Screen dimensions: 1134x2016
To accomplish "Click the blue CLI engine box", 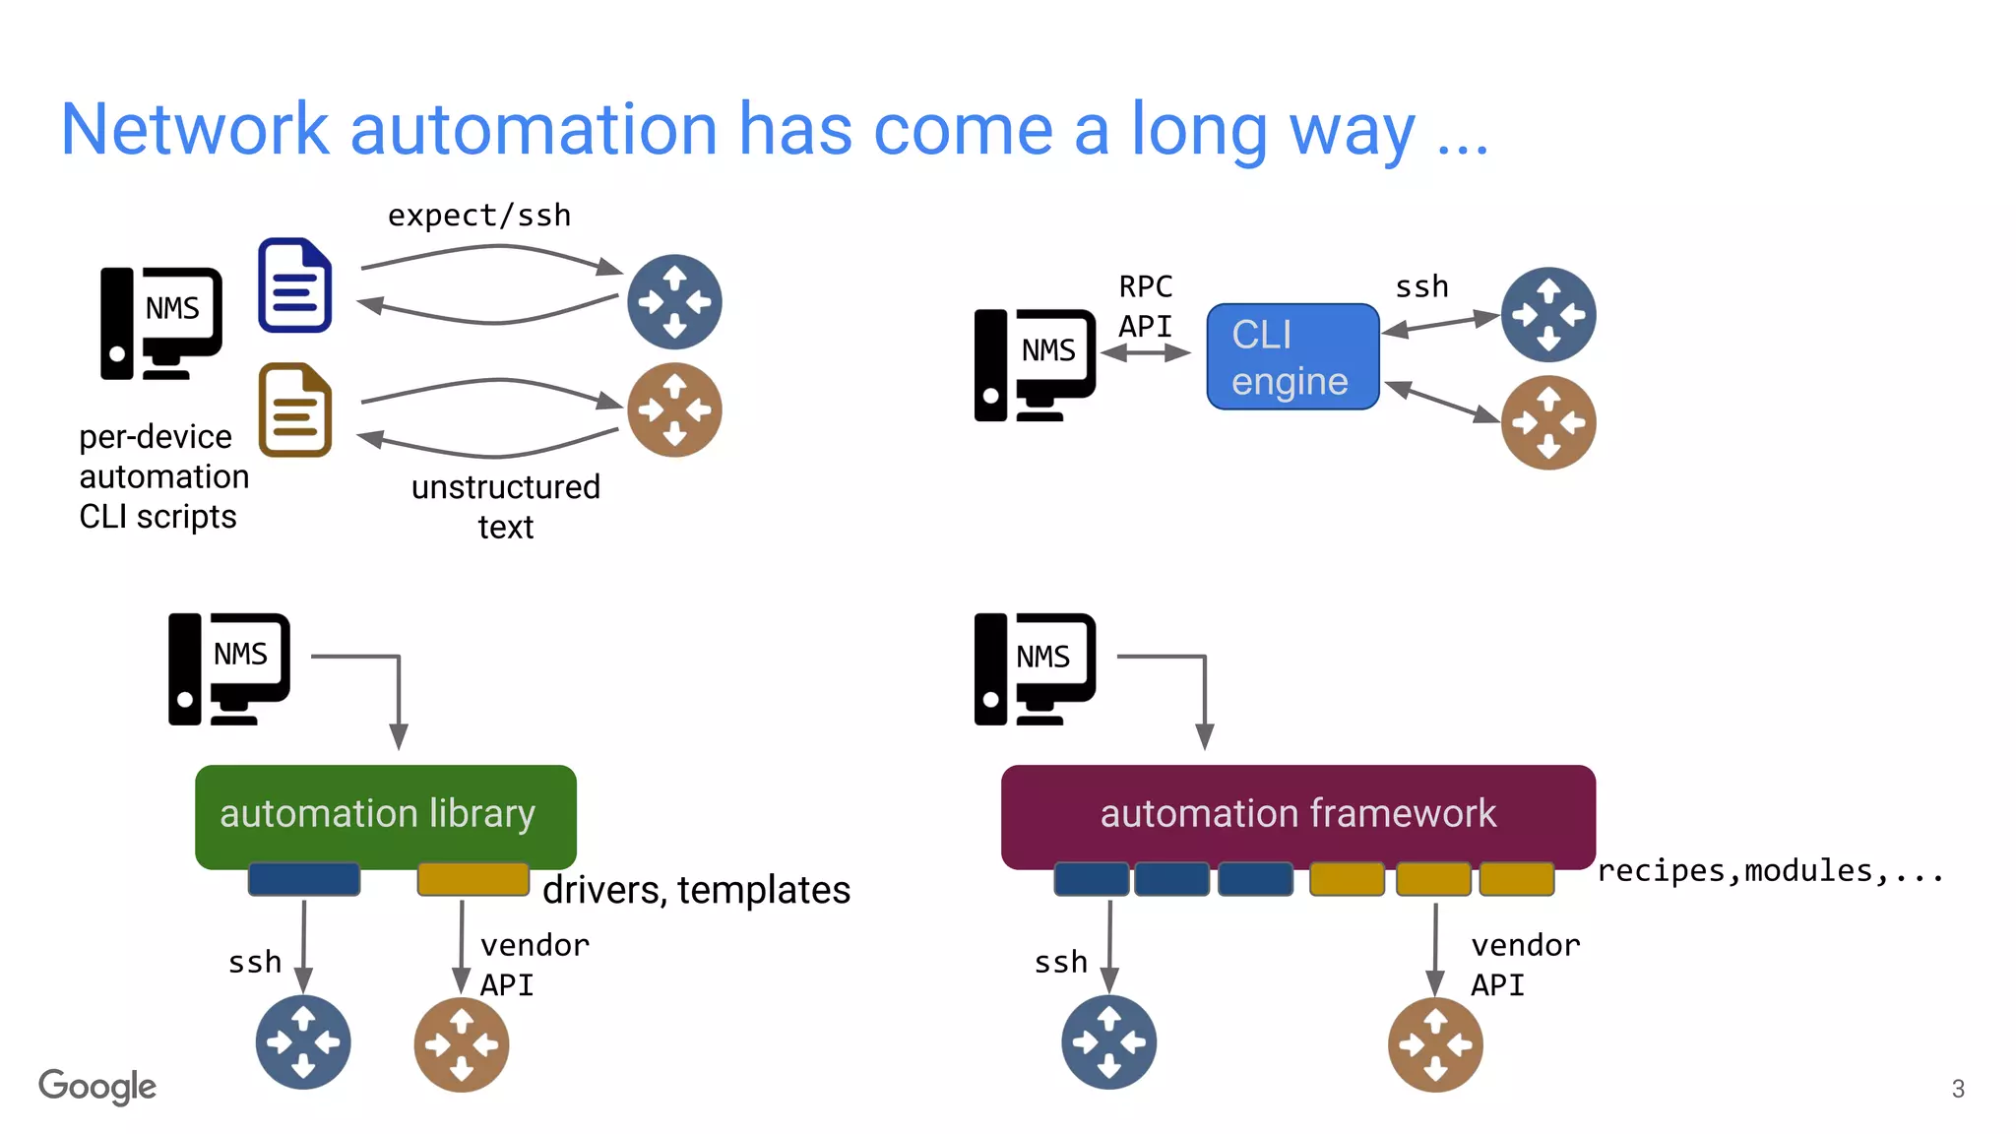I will tap(1291, 356).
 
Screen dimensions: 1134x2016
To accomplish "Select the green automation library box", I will tap(385, 814).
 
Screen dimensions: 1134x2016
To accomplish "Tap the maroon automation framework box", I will tap(1297, 814).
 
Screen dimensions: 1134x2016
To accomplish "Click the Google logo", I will tap(96, 1087).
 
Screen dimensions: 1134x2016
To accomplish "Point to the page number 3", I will tap(1958, 1089).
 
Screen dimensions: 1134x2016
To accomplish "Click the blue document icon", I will tap(294, 285).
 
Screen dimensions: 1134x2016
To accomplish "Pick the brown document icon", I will tap(294, 410).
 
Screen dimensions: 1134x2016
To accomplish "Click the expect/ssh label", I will tap(478, 216).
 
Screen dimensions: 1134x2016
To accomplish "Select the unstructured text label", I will tap(505, 506).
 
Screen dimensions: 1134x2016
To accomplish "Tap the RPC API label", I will tap(1145, 306).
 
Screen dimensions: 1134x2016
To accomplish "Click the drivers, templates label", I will tap(696, 890).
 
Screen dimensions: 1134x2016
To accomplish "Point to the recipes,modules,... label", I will tap(1769, 871).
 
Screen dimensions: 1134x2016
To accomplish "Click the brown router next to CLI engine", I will tap(1547, 423).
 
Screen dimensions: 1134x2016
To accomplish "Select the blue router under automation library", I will tap(303, 1042).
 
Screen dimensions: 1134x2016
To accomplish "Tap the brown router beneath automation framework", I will tap(1435, 1044).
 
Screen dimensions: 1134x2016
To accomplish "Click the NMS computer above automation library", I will tap(228, 668).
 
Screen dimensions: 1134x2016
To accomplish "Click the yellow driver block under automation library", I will tap(472, 879).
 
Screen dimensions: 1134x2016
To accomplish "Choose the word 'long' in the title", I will tap(1199, 130).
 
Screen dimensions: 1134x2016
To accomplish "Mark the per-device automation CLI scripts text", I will tap(162, 476).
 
